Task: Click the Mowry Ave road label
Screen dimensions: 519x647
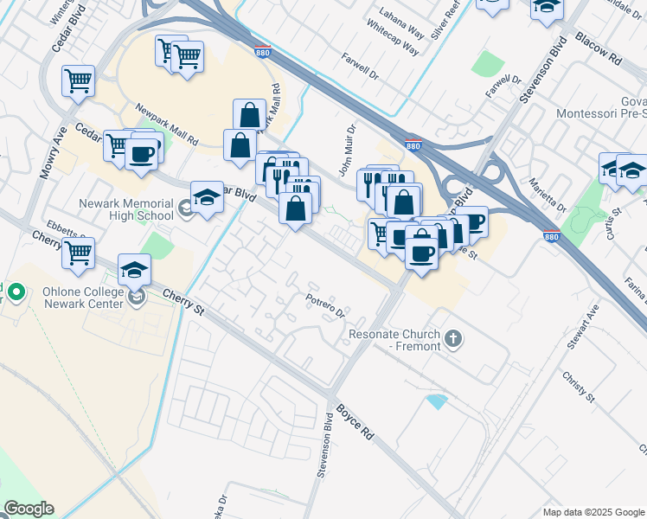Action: pos(50,153)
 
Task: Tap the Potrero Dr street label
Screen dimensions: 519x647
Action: pos(326,304)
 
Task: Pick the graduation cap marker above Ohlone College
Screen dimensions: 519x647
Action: pos(134,270)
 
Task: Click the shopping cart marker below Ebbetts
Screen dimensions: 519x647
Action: pos(78,253)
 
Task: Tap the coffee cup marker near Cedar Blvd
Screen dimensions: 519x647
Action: pos(141,155)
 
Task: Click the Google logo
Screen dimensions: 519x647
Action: pos(29,509)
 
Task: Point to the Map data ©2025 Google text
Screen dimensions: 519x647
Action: pos(593,512)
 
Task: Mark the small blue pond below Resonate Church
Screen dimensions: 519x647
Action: pos(437,401)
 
